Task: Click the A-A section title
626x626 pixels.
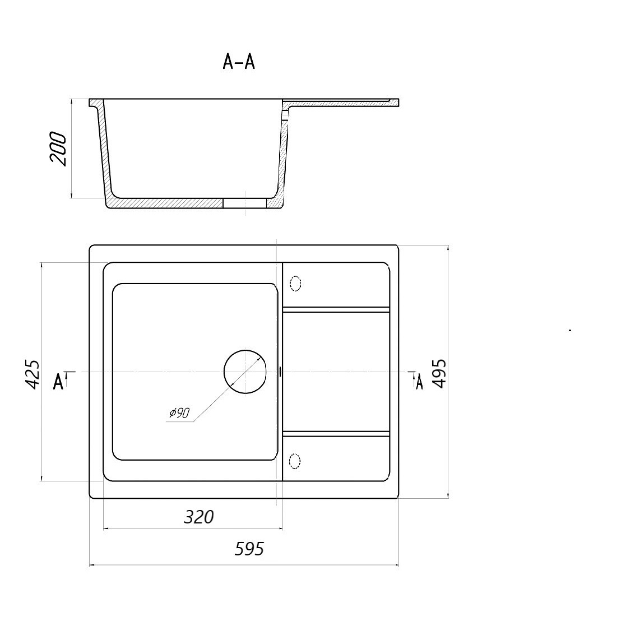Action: [239, 62]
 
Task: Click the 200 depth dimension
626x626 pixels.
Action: [58, 148]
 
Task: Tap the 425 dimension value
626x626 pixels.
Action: [33, 374]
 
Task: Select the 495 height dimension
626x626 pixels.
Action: [439, 373]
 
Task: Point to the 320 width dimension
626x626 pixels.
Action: [199, 517]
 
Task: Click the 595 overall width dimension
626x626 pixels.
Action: [249, 549]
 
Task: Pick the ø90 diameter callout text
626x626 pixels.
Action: [179, 413]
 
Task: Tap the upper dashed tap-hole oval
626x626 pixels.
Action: [295, 284]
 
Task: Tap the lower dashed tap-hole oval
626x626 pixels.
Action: [295, 461]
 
